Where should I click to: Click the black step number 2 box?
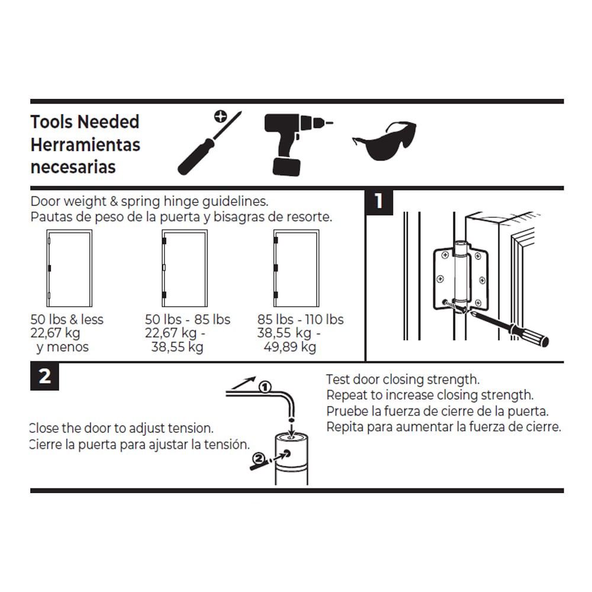point(44,377)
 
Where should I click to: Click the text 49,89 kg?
point(289,347)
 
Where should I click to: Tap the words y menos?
point(62,347)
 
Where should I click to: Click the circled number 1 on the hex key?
point(265,388)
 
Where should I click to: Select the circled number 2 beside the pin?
point(258,458)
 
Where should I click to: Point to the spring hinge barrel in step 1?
point(459,272)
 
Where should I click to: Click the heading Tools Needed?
point(85,122)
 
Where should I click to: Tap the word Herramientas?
point(85,144)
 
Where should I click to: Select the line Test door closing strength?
point(403,379)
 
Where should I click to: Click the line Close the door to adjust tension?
point(121,428)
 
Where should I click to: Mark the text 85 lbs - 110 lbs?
point(300,320)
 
